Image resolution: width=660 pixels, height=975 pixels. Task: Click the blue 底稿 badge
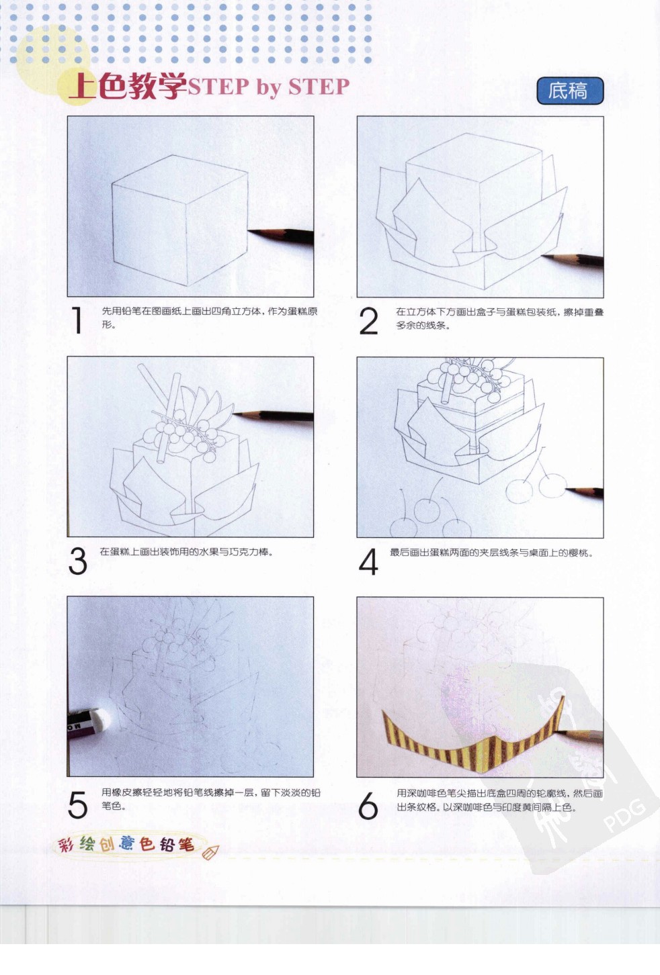(569, 91)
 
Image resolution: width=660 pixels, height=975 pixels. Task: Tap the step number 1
(77, 320)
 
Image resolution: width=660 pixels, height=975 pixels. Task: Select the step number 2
(368, 321)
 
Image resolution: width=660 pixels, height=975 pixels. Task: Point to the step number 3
(78, 561)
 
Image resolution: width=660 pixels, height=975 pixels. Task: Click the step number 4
(368, 562)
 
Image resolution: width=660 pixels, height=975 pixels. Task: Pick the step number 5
(78, 804)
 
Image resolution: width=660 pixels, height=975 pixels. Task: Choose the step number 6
(368, 805)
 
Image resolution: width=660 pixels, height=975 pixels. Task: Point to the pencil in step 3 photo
(276, 416)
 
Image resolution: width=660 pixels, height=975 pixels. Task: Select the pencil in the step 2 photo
(575, 260)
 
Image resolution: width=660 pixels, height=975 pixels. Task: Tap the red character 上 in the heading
(82, 86)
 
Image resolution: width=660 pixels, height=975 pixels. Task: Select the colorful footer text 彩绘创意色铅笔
(126, 843)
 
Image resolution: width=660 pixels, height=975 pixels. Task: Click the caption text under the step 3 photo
(186, 552)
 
